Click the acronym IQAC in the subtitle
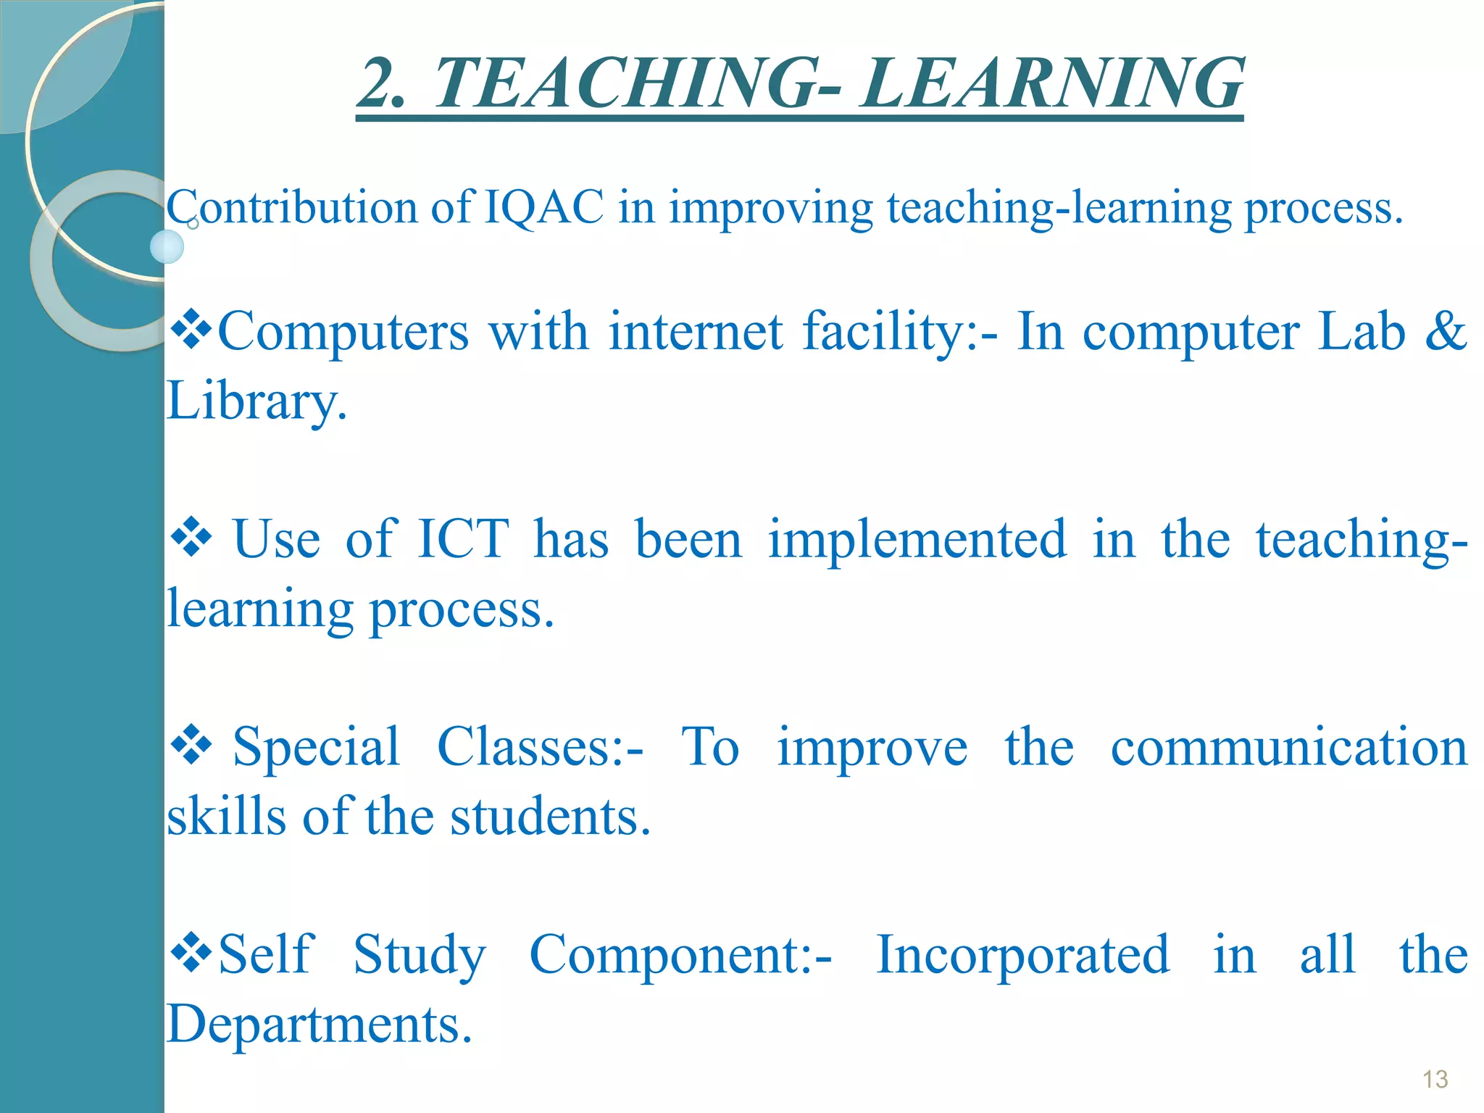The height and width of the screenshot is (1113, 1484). pyautogui.click(x=543, y=208)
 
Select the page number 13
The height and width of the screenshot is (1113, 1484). pyautogui.click(x=1435, y=1080)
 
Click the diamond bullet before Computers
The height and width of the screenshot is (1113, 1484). pyautogui.click(x=191, y=330)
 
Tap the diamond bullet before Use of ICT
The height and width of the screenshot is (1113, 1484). pyautogui.click(x=191, y=538)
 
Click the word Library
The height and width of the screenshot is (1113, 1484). pyautogui.click(x=257, y=401)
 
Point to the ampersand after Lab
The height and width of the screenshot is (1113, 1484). pyautogui.click(x=1446, y=331)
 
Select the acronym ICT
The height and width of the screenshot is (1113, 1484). pyautogui.click(x=464, y=540)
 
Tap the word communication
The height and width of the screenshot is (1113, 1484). pyautogui.click(x=1289, y=748)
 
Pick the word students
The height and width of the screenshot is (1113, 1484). pyautogui.click(x=551, y=817)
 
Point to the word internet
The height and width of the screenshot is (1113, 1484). pyautogui.click(x=696, y=331)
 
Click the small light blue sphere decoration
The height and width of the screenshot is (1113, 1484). pyautogui.click(x=167, y=247)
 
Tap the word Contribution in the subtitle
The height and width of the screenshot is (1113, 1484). pyautogui.click(x=292, y=208)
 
